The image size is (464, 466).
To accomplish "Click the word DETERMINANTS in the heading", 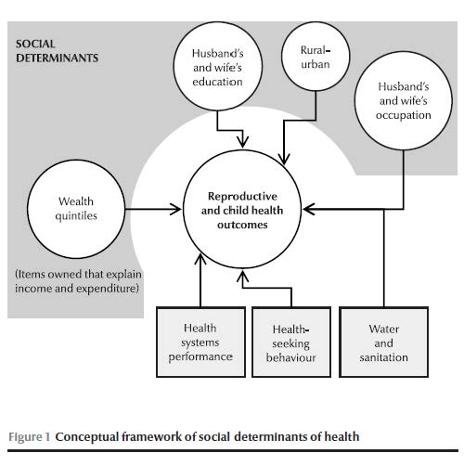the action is [58, 58].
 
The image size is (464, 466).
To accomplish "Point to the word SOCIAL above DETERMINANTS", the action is [35, 44].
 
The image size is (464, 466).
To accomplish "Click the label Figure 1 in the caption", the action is [29, 437].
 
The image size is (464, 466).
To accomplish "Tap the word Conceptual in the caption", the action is [86, 437].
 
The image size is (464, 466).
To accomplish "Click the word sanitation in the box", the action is [384, 357].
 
